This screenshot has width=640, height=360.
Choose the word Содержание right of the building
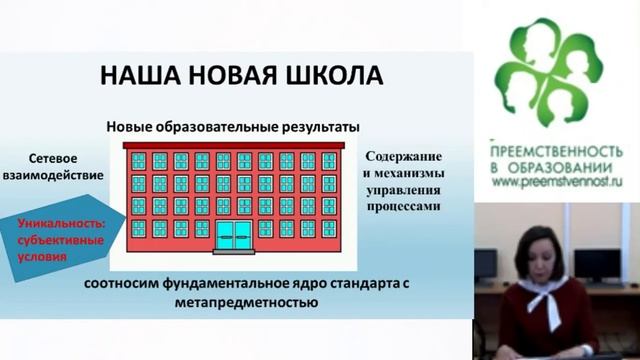(404, 157)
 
